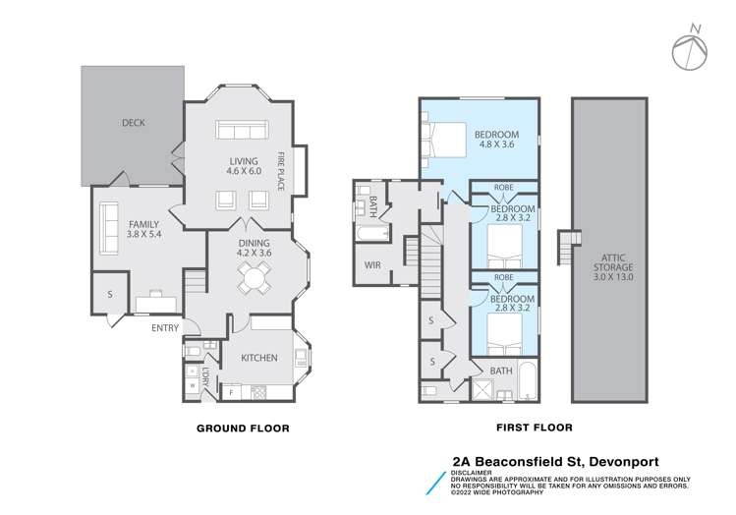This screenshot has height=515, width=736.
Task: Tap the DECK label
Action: point(133,123)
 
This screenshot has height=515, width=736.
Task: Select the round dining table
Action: point(255,278)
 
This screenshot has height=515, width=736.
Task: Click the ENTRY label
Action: point(165,328)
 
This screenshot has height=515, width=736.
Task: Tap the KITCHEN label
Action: point(258,358)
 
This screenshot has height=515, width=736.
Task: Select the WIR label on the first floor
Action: point(372,265)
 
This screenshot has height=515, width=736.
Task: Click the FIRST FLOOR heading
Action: point(535,429)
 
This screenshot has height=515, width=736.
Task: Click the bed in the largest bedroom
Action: point(444,137)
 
